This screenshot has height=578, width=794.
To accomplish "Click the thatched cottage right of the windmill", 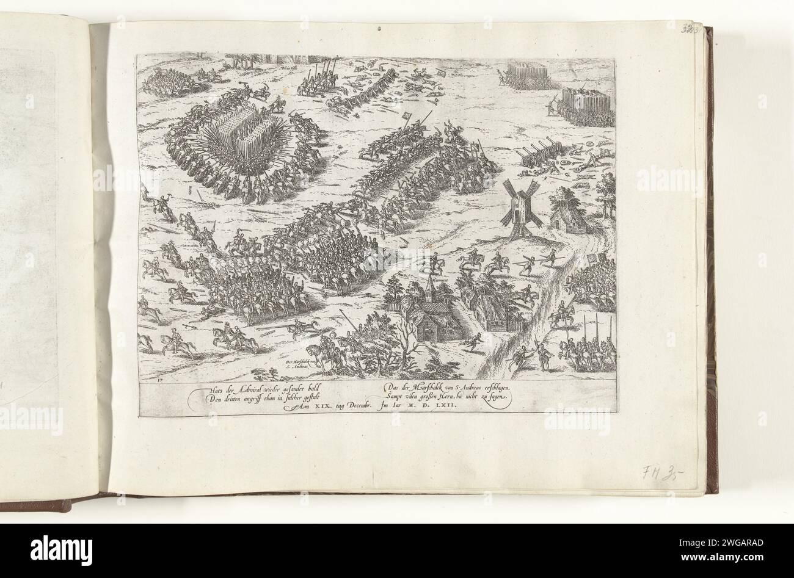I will click(x=567, y=215).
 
